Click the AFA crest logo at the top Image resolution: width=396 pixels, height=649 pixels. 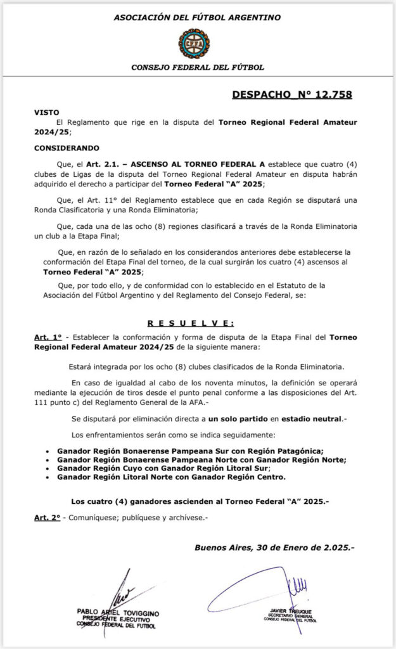[197, 42]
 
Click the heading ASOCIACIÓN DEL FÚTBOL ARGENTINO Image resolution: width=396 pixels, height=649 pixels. [197, 17]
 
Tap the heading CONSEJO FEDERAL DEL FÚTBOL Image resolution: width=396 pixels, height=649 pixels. [197, 67]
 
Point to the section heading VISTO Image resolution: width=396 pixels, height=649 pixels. [46, 112]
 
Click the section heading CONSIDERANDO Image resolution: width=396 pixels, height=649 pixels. [67, 148]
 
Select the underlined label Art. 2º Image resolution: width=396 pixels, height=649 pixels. [47, 518]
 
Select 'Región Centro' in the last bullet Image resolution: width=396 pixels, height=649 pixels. [257, 477]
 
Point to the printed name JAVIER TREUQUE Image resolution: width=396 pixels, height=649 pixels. [291, 611]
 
